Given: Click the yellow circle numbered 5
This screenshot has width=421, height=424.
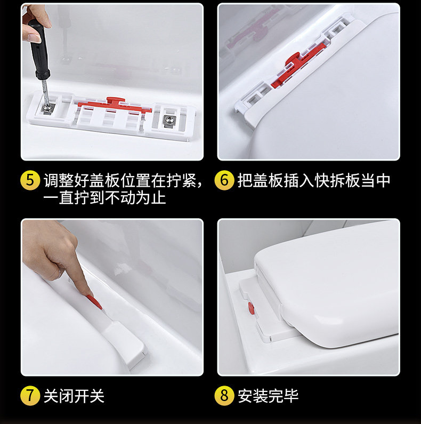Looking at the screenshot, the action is pos(30,180).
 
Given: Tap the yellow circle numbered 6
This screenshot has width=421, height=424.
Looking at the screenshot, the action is pos(224,180).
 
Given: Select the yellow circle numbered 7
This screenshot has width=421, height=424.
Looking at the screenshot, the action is pos(30,396).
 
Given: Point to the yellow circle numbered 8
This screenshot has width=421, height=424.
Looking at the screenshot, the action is pos(224,396).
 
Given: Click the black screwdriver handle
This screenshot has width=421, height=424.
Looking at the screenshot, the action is pos(39,49).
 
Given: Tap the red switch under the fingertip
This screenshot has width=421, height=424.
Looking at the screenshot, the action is pos(94,302).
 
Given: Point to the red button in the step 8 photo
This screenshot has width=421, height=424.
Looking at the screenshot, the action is pos(251,309).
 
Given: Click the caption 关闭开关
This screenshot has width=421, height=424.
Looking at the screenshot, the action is pos(74,396).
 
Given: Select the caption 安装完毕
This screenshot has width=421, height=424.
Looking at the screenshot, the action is pos(268,396).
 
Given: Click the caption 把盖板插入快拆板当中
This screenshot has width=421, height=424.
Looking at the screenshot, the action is pos(314,180).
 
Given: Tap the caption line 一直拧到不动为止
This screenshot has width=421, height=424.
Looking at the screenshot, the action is pos(104,198).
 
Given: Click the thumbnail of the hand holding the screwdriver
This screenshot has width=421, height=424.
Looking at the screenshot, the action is pos(112,82).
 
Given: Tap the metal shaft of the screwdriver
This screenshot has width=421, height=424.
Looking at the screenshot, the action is pos(45,91).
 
